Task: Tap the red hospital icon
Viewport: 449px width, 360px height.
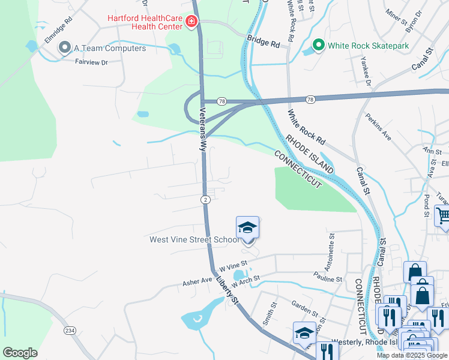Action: [191, 22]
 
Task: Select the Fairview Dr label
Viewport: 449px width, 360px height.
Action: [91, 62]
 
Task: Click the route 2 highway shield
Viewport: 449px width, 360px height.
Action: [205, 199]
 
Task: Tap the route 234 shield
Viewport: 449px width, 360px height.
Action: [71, 330]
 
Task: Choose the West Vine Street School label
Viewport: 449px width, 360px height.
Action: [194, 240]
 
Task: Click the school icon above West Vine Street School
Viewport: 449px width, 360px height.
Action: [247, 228]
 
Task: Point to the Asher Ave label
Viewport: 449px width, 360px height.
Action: [197, 281]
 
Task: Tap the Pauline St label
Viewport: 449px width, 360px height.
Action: [327, 279]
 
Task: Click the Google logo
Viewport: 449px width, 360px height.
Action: [20, 353]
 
